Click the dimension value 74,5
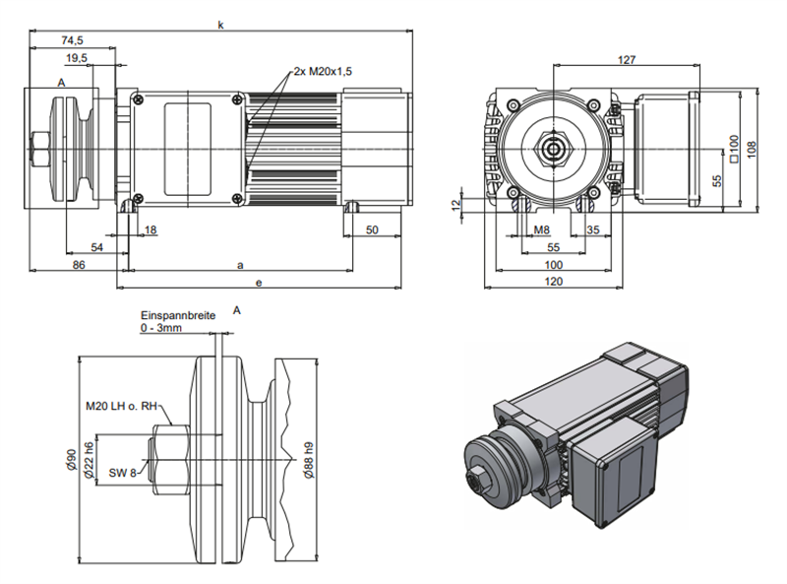pyautogui.click(x=70, y=40)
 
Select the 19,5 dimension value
pyautogui.click(x=77, y=59)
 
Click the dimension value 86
pyautogui.click(x=78, y=265)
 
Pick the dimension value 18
pyautogui.click(x=151, y=229)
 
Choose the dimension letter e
pyautogui.click(x=259, y=283)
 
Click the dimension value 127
pyautogui.click(x=627, y=60)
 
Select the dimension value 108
pyautogui.click(x=753, y=148)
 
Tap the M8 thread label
pyautogui.click(x=541, y=229)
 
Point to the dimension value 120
pyautogui.click(x=554, y=283)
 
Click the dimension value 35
pyautogui.click(x=592, y=229)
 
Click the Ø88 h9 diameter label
pyautogui.click(x=307, y=459)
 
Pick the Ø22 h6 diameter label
pyautogui.click(x=88, y=461)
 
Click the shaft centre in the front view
pyautogui.click(x=555, y=150)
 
